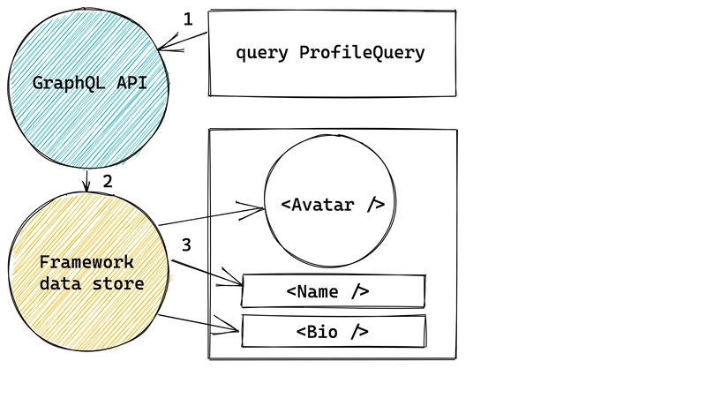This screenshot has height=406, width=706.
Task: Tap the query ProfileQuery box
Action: [x=331, y=53]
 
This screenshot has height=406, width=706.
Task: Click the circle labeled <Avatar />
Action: [x=332, y=204]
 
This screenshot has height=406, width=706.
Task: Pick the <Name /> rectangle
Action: [x=333, y=290]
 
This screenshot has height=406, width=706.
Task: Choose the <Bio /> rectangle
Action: [x=333, y=332]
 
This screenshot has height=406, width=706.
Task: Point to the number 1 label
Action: [x=186, y=18]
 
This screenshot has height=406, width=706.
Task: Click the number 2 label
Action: [x=108, y=182]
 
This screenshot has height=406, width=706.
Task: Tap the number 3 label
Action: [x=185, y=244]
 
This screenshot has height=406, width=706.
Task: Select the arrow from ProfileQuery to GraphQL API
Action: [x=184, y=41]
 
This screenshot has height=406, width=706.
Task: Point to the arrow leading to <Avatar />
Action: [x=212, y=216]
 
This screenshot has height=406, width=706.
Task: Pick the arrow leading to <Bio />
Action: [x=199, y=322]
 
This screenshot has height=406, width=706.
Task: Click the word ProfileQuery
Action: [x=362, y=53]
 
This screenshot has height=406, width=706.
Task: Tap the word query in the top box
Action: [x=263, y=53]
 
